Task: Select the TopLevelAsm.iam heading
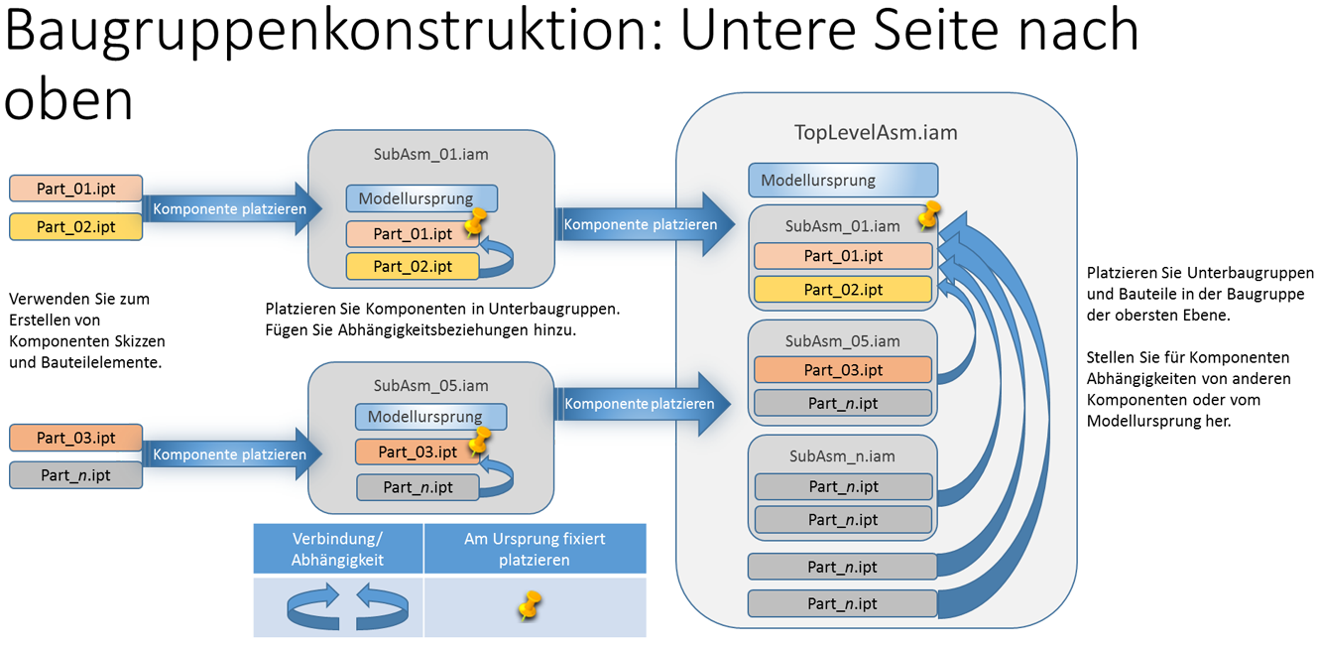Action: point(876,132)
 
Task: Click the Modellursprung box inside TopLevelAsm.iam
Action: point(843,181)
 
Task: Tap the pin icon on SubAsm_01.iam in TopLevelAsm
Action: point(928,215)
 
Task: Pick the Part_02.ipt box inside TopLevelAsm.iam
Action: point(843,290)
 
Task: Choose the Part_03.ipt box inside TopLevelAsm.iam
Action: point(843,370)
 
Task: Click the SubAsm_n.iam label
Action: point(842,456)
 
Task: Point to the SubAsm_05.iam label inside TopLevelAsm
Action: point(842,340)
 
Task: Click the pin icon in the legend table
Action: point(532,605)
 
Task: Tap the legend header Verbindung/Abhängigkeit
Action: point(337,549)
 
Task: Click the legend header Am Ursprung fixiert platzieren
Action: point(535,549)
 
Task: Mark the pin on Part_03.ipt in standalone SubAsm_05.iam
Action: point(480,440)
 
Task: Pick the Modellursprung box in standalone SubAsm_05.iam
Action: point(431,417)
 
